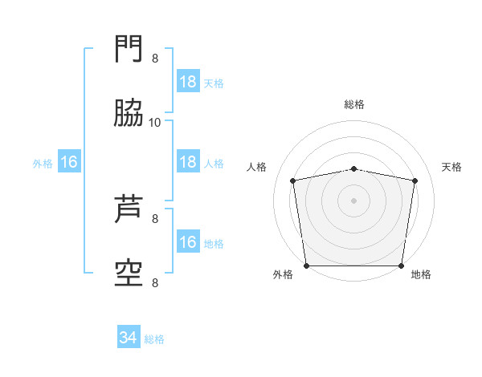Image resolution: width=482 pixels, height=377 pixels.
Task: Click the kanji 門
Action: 129,48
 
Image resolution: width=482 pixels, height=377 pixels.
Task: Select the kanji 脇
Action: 129,112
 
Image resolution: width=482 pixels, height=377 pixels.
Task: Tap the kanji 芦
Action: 129,209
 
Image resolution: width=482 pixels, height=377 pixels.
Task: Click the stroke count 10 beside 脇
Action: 154,123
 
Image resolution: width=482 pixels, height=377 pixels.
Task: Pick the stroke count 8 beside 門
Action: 155,59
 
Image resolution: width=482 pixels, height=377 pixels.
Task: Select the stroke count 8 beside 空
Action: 155,283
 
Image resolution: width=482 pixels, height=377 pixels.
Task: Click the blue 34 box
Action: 129,336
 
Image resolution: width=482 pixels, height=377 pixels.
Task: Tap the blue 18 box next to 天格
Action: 188,81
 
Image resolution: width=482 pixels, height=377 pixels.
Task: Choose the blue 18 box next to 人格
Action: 188,161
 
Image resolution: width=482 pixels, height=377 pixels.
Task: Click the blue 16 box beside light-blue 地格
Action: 188,241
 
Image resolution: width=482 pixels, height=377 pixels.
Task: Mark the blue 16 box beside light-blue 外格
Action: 69,161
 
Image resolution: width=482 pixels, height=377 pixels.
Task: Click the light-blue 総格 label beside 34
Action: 154,339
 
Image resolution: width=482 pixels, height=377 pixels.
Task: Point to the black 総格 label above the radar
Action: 354,104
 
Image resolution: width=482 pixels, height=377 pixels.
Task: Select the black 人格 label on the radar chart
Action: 256,167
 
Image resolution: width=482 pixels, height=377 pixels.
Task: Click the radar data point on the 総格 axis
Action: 354,169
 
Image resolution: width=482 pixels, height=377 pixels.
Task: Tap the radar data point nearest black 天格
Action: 415,180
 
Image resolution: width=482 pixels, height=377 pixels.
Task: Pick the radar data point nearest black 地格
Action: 401,266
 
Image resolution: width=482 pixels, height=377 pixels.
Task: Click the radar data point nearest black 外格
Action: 307,266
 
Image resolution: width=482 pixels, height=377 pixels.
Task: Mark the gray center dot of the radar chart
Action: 353,201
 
